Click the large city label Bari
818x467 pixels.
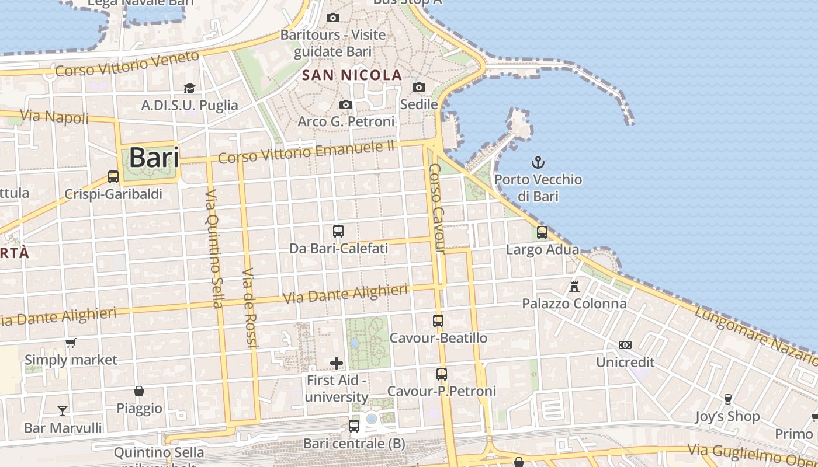154,157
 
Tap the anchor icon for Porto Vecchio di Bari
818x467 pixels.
538,162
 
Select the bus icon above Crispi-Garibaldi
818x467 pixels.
113,176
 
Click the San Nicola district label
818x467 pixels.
352,75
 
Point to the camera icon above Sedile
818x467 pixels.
418,88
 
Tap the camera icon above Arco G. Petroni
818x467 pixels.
346,105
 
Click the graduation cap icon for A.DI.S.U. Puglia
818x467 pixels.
189,88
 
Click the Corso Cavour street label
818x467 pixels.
437,208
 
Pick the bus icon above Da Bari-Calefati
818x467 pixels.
338,231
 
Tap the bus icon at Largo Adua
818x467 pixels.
542,232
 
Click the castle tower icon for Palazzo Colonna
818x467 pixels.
574,287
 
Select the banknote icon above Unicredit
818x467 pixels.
625,345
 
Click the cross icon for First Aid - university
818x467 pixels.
337,363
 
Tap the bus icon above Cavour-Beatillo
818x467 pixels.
438,320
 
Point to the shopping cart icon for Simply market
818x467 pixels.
71,343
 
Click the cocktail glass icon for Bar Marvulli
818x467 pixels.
63,410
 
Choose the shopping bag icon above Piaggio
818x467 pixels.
139,391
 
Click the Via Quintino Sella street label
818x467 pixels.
214,248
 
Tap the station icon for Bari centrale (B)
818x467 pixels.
354,426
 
